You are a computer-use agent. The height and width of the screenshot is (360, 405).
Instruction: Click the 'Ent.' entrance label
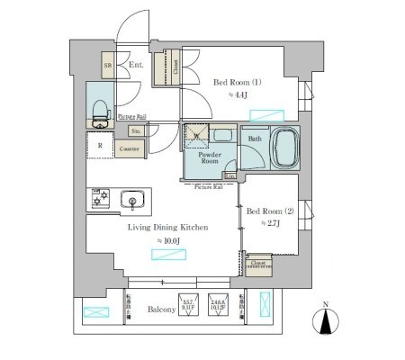tap(135, 65)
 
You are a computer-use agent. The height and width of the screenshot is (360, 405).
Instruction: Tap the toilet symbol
tap(99, 111)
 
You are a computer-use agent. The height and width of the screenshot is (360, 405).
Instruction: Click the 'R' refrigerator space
tap(100, 145)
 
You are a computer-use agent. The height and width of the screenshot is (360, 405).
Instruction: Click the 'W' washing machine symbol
tap(195, 135)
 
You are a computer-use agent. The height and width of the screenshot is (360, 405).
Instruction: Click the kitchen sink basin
tap(130, 200)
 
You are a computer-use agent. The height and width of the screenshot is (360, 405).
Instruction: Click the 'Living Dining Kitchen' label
tap(171, 228)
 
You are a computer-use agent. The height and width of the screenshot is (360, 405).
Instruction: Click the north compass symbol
tap(326, 322)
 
